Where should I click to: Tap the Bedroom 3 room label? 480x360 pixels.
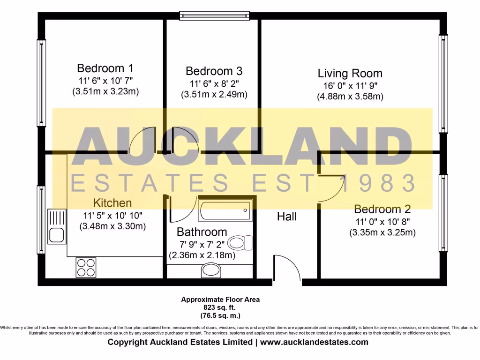[214, 71]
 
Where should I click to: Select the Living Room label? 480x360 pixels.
[350, 74]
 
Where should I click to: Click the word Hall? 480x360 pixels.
[287, 217]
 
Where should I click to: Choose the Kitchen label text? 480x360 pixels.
[112, 203]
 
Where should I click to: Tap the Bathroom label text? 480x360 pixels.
[202, 232]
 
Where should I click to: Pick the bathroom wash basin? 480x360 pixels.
[211, 270]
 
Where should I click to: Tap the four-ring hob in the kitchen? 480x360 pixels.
[86, 268]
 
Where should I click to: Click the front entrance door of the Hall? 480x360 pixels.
[286, 270]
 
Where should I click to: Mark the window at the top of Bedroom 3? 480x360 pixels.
[214, 16]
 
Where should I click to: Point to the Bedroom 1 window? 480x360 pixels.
[41, 83]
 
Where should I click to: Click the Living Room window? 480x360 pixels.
[443, 83]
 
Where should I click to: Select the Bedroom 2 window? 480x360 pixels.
[443, 213]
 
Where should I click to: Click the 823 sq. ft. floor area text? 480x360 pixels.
[220, 307]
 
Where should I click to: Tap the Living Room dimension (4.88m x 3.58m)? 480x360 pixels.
[350, 97]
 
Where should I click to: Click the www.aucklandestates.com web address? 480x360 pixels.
[314, 342]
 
